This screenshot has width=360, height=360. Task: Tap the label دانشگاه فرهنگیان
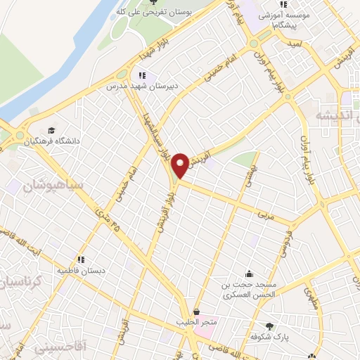53,141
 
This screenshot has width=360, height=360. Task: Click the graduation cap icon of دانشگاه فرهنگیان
51,130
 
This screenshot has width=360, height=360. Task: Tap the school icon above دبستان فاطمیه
82,258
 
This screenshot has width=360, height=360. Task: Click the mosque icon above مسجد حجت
249,274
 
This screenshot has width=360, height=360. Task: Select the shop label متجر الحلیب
196,323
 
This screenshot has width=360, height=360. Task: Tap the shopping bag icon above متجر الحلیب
195,311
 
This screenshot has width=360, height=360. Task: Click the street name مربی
264,210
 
